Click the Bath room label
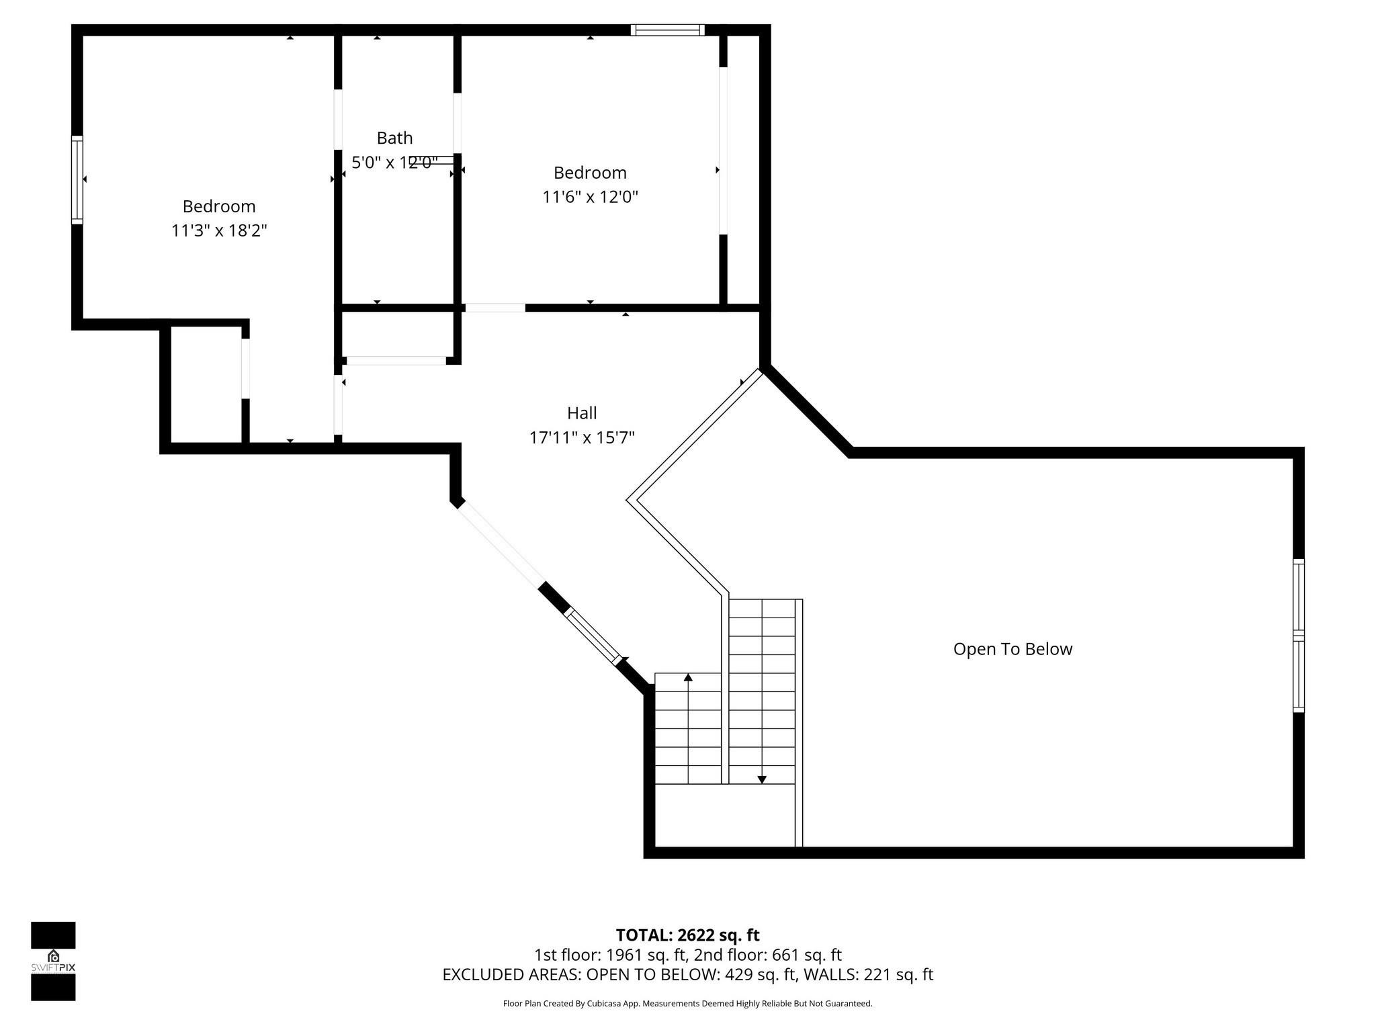pyautogui.click(x=394, y=138)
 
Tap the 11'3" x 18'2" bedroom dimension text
pyautogui.click(x=219, y=230)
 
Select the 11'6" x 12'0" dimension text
pyautogui.click(x=590, y=197)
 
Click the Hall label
pyautogui.click(x=582, y=413)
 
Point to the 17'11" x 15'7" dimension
pyautogui.click(x=582, y=438)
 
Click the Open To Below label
pyautogui.click(x=1013, y=649)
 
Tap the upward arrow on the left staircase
pyautogui.click(x=688, y=677)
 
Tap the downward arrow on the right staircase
pyautogui.click(x=762, y=779)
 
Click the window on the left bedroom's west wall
pyautogui.click(x=77, y=179)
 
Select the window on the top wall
pyautogui.click(x=667, y=30)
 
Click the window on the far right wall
pyautogui.click(x=1298, y=636)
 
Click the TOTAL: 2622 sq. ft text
pyautogui.click(x=687, y=935)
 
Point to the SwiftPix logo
pyautogui.click(x=53, y=961)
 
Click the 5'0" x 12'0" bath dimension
pyautogui.click(x=394, y=163)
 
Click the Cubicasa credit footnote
pyautogui.click(x=687, y=1004)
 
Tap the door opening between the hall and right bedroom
pyautogui.click(x=495, y=308)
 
